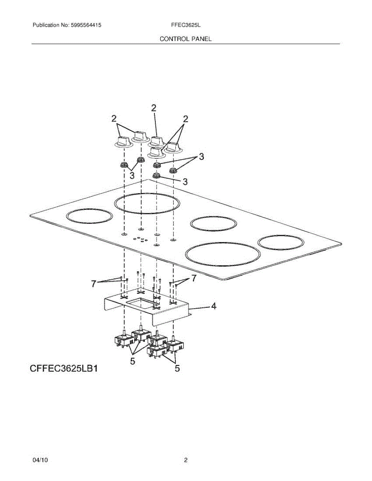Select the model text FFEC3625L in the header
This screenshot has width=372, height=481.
(x=185, y=25)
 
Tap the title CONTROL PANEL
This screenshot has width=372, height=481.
(x=185, y=39)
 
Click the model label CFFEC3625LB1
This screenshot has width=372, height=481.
(x=64, y=368)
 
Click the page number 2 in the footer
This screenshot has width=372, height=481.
(x=186, y=461)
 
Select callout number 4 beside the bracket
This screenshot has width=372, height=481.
(x=214, y=307)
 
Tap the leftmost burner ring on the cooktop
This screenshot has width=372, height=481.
(x=89, y=216)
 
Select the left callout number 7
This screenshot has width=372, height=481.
(x=94, y=284)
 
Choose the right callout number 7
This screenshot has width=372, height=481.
(x=193, y=278)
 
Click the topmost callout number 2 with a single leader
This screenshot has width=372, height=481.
(x=154, y=107)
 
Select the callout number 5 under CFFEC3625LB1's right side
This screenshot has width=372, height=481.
(x=177, y=368)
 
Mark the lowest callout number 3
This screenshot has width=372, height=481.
(x=185, y=182)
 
